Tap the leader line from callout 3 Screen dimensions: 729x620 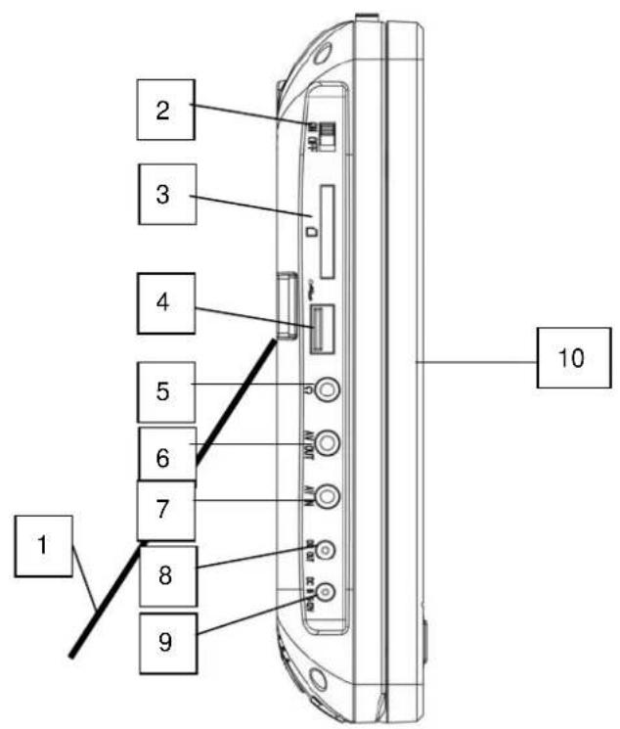(249, 207)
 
